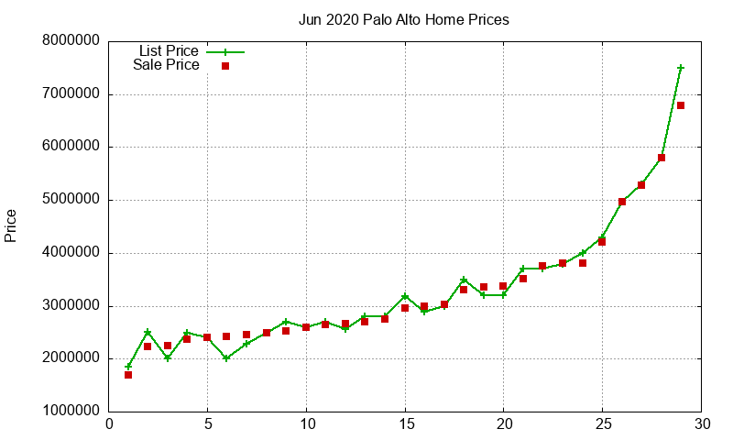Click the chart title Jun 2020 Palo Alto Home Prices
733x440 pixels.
(403, 19)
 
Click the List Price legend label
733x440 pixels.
(169, 51)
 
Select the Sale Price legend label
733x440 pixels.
(166, 65)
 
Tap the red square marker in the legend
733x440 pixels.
(225, 66)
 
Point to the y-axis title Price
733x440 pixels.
(11, 225)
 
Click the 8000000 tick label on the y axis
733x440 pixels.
(71, 41)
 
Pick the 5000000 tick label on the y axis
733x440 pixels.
(71, 200)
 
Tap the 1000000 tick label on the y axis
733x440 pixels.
(71, 412)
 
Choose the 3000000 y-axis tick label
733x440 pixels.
(71, 306)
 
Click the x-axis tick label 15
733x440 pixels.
(405, 424)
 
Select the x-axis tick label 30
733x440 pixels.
(701, 424)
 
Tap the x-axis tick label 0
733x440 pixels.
(109, 424)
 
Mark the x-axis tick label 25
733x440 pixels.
(602, 424)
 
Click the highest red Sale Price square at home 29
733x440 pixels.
(681, 105)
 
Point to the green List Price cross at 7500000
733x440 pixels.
(681, 68)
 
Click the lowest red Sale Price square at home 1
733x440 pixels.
(128, 375)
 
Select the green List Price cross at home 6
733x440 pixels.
(226, 358)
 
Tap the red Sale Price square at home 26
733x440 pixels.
(622, 202)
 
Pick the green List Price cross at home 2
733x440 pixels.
(148, 332)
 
